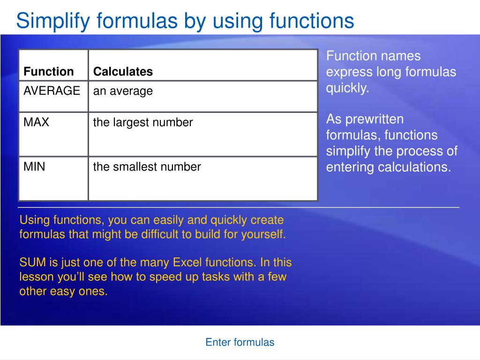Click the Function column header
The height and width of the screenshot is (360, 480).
point(49,72)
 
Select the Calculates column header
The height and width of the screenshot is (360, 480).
point(123,72)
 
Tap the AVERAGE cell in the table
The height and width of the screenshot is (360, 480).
point(52,91)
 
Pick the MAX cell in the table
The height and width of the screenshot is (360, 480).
point(37,123)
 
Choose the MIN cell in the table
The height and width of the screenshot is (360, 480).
point(35,166)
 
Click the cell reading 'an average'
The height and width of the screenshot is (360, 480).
point(123,91)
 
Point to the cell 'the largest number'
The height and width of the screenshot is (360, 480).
point(143,123)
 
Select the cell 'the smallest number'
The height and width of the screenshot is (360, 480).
point(147,166)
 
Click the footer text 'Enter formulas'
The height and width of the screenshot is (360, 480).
point(240,342)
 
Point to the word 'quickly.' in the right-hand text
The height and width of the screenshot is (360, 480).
point(348,88)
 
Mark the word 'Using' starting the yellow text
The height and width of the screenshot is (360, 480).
point(34,220)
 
